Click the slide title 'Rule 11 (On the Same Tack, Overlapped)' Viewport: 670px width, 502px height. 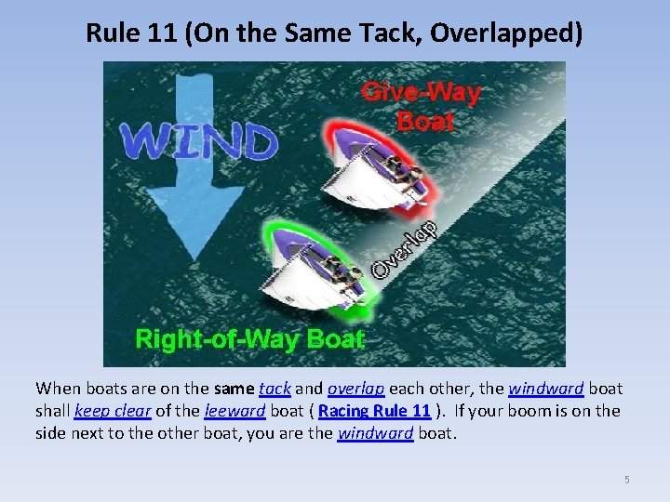pyautogui.click(x=334, y=33)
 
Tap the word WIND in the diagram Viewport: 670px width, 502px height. pyautogui.click(x=199, y=140)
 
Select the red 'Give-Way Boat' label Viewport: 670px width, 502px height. pyautogui.click(x=422, y=106)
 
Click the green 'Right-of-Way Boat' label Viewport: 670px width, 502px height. pyautogui.click(x=249, y=338)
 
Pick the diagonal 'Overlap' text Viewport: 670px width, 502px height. pyautogui.click(x=407, y=248)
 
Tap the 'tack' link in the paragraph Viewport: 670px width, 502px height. pyautogui.click(x=275, y=389)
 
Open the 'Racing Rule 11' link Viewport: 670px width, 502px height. pyautogui.click(x=374, y=411)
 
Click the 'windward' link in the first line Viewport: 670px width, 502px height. pyautogui.click(x=546, y=389)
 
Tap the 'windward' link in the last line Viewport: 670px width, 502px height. pyautogui.click(x=375, y=433)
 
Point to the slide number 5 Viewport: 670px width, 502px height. pyautogui.click(x=626, y=480)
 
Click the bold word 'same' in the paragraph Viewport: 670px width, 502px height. pyautogui.click(x=232, y=389)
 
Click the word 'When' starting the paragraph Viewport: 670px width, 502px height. pyautogui.click(x=57, y=389)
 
